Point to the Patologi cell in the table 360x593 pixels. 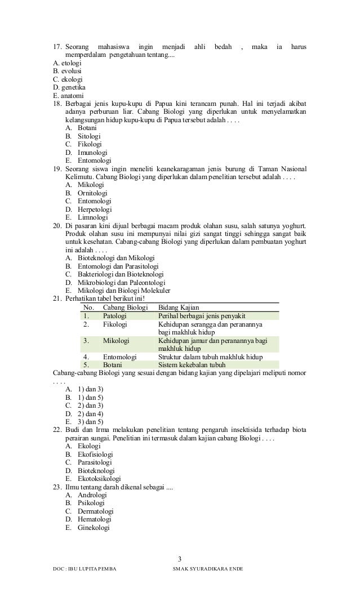coord(115,316)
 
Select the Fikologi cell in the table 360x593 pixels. coord(115,324)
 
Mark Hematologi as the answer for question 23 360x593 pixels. coord(95,519)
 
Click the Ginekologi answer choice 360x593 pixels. coord(94,528)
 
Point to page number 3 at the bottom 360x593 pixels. coord(180,559)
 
